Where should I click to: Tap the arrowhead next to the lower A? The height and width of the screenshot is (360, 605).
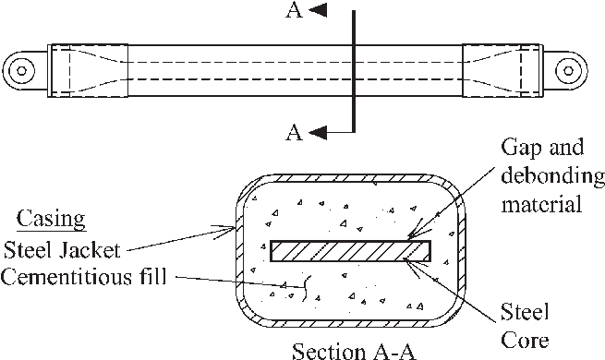click(317, 133)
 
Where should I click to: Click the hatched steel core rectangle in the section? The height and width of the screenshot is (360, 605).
click(351, 249)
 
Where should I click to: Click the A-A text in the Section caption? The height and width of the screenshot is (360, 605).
click(384, 351)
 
